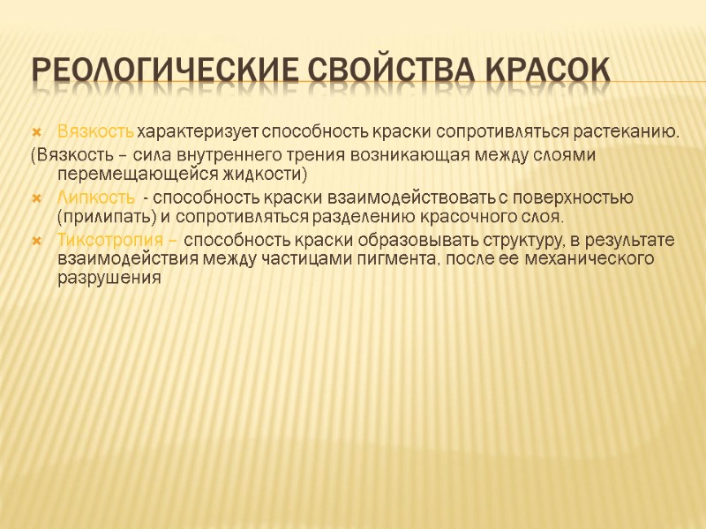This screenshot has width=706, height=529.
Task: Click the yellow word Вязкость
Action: point(96,132)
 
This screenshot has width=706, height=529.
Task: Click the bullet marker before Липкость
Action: point(36,196)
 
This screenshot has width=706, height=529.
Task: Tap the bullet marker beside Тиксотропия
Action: point(36,239)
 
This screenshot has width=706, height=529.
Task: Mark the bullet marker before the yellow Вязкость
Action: point(36,132)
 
